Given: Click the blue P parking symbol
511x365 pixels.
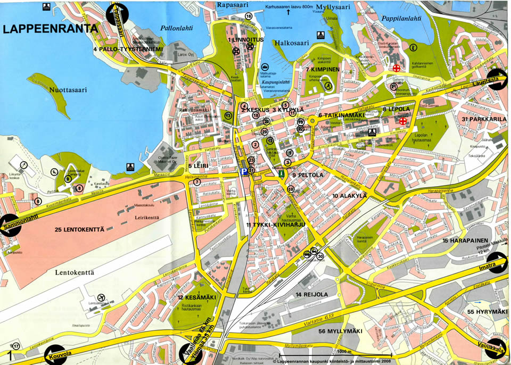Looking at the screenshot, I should pyautogui.click(x=243, y=172).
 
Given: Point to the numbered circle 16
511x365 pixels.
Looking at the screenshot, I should pyautogui.click(x=249, y=16).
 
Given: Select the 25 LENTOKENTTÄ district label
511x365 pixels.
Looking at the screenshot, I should pyautogui.click(x=86, y=229).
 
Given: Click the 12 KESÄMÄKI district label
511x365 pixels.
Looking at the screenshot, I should pyautogui.click(x=197, y=297).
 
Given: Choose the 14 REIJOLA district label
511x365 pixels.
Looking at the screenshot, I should pyautogui.click(x=312, y=294).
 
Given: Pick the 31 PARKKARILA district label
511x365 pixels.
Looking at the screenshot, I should pyautogui.click(x=484, y=119).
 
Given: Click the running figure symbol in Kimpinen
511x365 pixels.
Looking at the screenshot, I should pyautogui.click(x=329, y=85).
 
